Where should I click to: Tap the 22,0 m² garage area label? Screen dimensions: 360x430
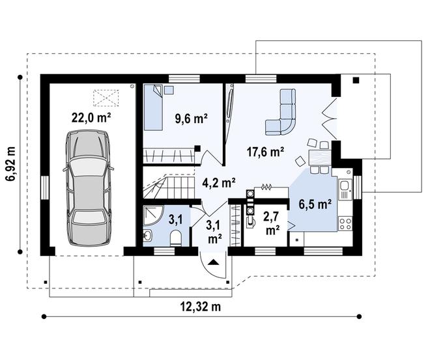point(91,118)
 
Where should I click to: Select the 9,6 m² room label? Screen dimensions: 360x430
point(191,118)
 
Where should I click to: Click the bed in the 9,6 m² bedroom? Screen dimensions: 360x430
point(156,107)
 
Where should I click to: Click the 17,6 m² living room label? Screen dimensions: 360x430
point(265,152)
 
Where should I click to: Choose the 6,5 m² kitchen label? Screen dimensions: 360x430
point(315,203)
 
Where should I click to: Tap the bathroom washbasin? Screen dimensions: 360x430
point(147,234)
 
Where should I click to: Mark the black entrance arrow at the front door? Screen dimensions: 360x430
point(214,262)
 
